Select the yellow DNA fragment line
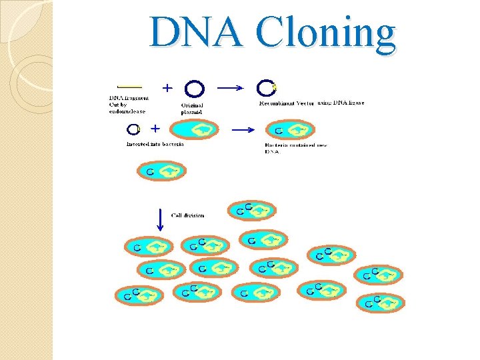point(129,87)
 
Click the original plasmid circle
point(195,89)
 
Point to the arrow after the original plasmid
point(231,87)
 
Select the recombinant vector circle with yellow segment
point(267,88)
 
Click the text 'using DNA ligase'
point(341,103)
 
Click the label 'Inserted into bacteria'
point(155,144)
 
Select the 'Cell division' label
point(187,215)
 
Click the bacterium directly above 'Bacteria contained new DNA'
point(291,130)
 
